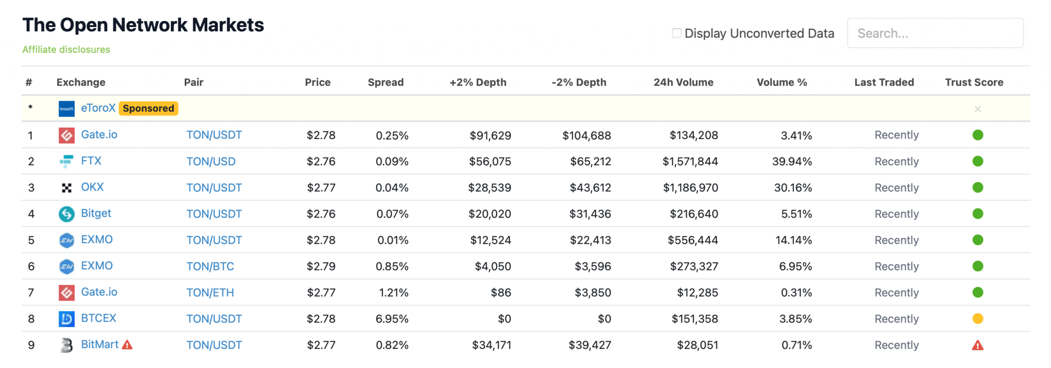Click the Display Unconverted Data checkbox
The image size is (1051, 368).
click(677, 33)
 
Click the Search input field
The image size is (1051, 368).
click(935, 33)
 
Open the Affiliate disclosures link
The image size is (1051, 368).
click(66, 50)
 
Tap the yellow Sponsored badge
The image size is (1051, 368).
click(148, 108)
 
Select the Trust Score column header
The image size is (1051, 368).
click(974, 82)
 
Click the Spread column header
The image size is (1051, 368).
click(385, 82)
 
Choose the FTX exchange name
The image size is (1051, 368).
click(91, 161)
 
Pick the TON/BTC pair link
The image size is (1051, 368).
click(210, 266)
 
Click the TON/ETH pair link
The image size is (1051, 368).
click(210, 293)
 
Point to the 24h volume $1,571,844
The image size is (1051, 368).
click(690, 162)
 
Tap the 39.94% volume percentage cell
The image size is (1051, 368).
click(792, 162)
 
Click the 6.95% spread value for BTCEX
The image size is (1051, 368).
click(392, 319)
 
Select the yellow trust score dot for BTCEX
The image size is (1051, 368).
click(978, 319)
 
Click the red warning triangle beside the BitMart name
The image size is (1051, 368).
click(127, 345)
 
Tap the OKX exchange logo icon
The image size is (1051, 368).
click(67, 188)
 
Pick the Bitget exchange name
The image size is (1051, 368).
click(96, 214)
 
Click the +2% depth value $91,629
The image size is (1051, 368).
click(490, 135)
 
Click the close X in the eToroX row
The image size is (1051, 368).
click(978, 109)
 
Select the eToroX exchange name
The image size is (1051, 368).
click(98, 108)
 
